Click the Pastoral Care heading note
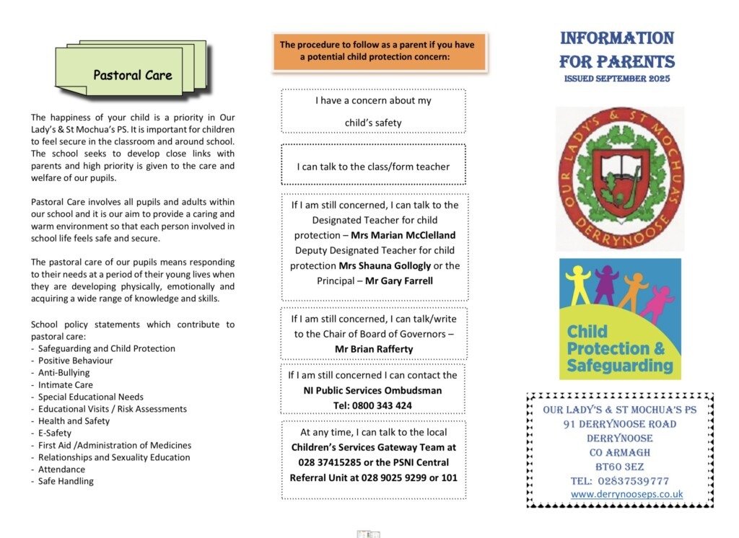[x=133, y=75]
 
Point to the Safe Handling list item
[x=66, y=482]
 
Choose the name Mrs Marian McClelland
[x=403, y=235]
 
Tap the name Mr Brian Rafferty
[x=374, y=349]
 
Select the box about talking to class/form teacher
[x=373, y=167]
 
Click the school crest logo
[x=620, y=177]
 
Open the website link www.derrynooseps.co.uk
[x=626, y=495]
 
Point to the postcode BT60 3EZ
[x=620, y=467]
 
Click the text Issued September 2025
[x=617, y=79]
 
